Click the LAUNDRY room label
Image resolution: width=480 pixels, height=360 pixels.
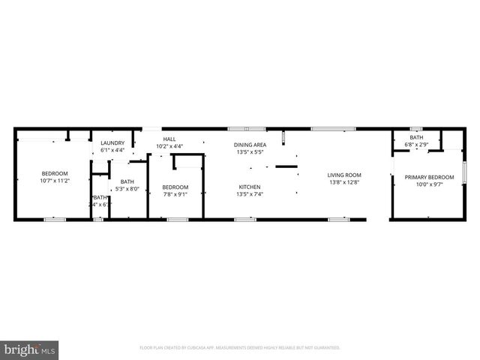[x=112, y=142]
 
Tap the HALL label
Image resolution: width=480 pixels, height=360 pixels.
[x=169, y=139]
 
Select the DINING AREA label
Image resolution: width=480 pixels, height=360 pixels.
[x=250, y=145]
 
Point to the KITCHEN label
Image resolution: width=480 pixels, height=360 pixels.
[x=250, y=187]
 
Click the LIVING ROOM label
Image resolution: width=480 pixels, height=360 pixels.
[x=344, y=175]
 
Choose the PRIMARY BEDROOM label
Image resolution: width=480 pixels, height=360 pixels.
[x=425, y=177]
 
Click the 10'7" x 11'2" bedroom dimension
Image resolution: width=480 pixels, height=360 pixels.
[x=54, y=180]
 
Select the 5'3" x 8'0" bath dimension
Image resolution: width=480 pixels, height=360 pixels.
[x=127, y=188]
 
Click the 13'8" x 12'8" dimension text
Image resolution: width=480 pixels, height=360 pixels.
[x=344, y=182]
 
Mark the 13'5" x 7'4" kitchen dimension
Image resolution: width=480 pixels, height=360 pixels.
[x=250, y=194]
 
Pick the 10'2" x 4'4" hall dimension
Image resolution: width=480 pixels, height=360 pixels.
[x=169, y=146]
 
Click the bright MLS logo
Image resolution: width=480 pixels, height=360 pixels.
[x=29, y=349]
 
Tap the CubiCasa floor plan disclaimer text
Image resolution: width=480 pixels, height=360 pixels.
[x=240, y=348]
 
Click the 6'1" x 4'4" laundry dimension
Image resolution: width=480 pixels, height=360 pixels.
[x=112, y=150]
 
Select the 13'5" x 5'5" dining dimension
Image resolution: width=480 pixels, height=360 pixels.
[x=250, y=152]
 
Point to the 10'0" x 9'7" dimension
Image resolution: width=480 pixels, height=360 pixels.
[x=425, y=184]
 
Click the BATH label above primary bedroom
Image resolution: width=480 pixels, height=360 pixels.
[x=415, y=137]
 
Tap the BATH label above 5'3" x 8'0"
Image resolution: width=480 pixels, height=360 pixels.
[x=127, y=181]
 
